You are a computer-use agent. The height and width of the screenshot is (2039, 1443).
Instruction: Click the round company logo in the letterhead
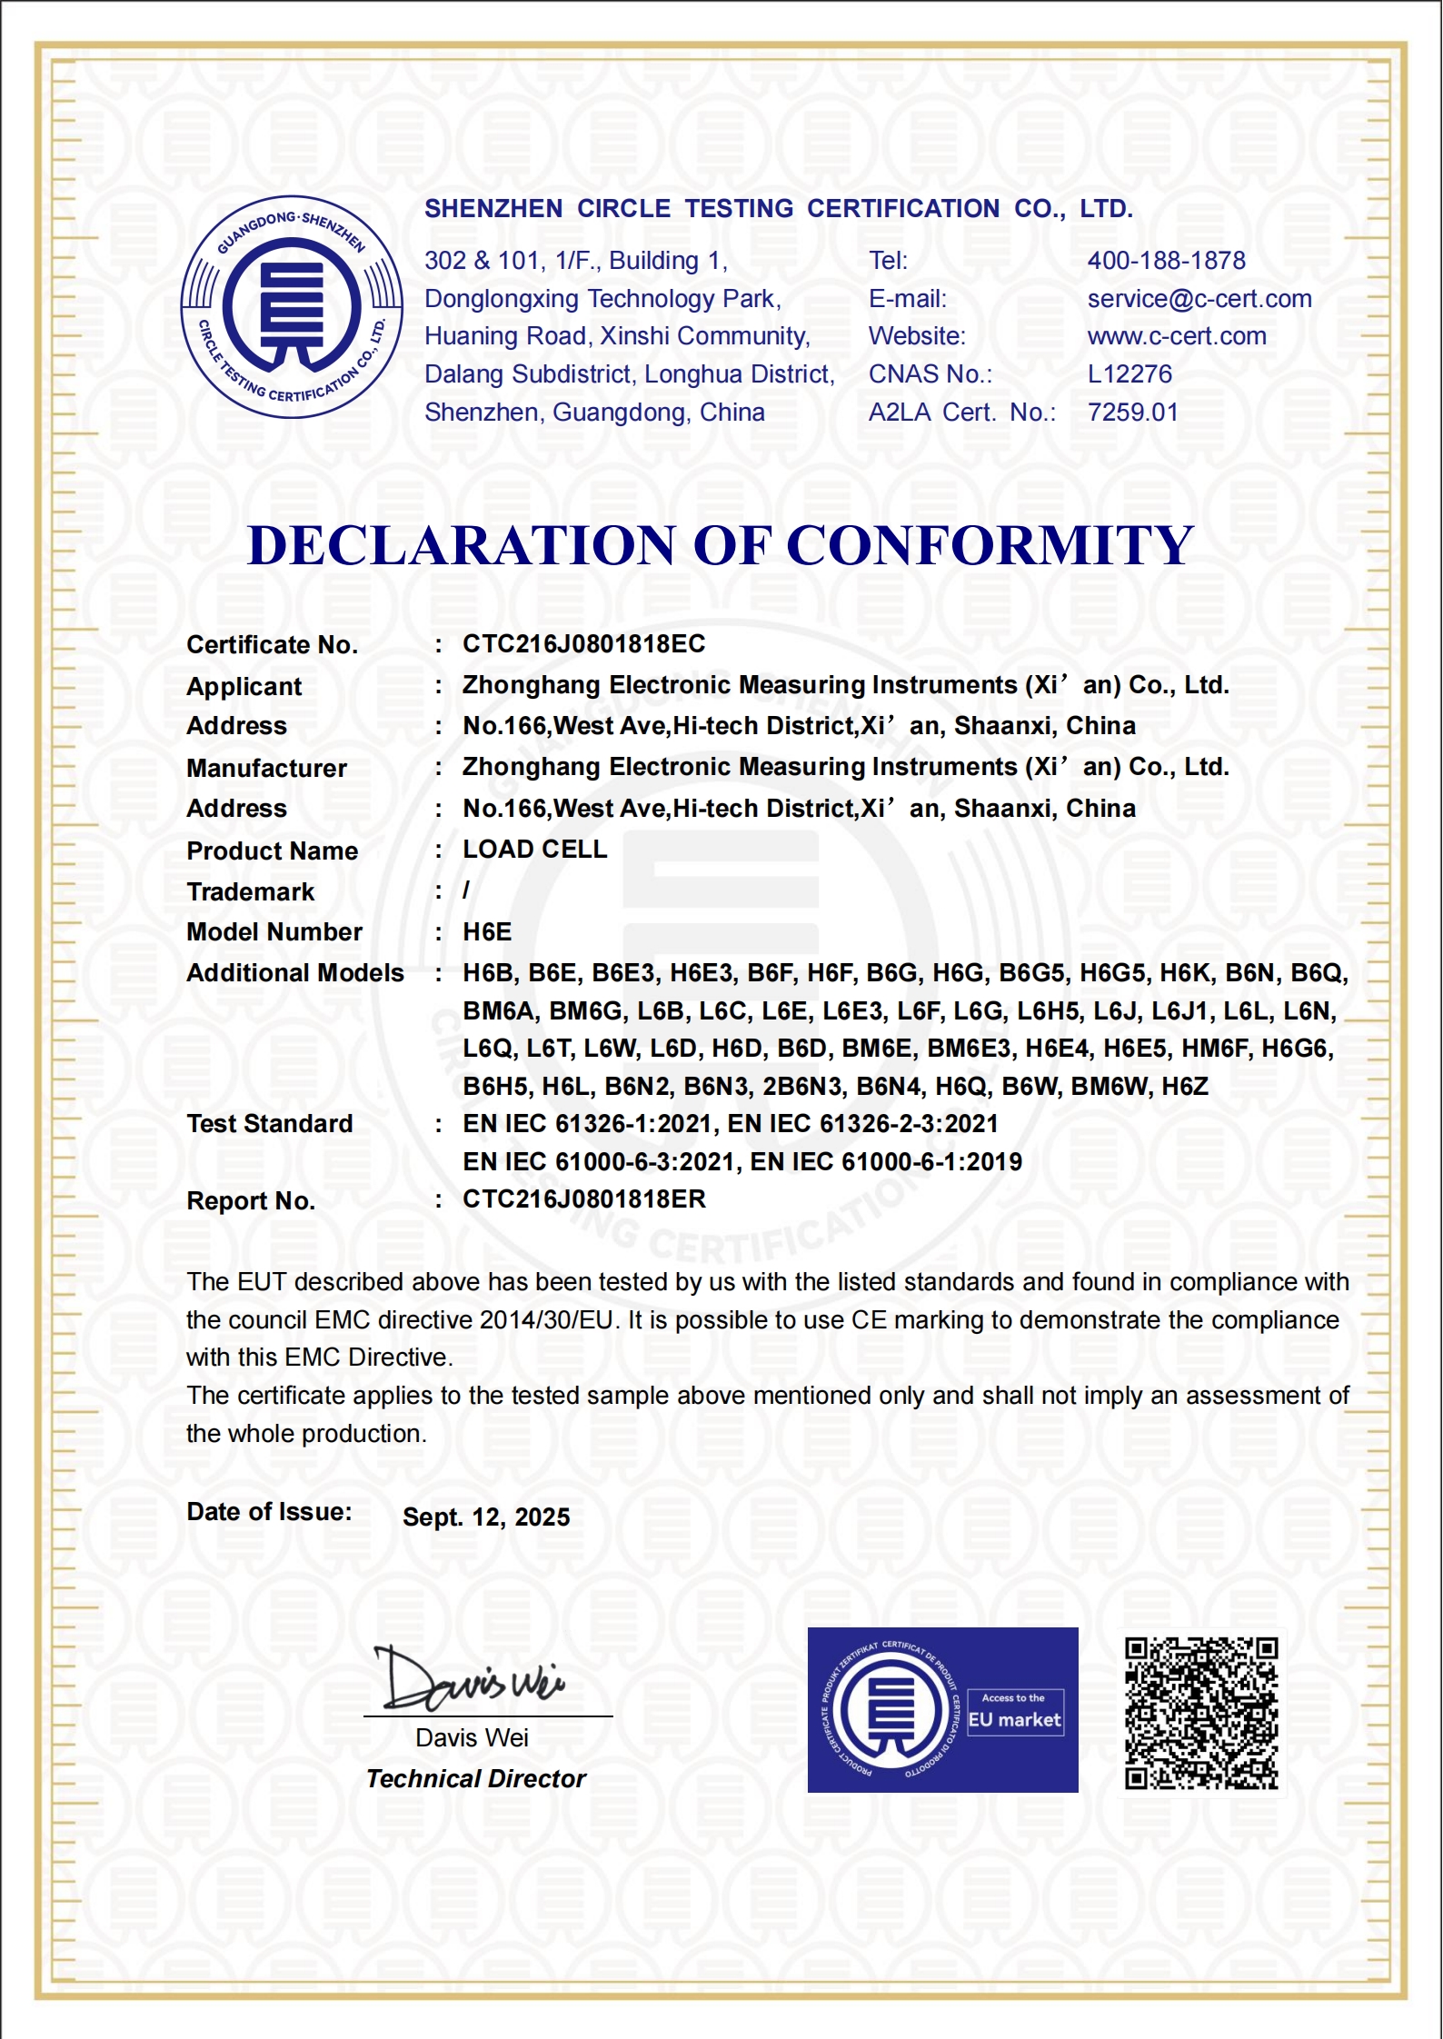[292, 307]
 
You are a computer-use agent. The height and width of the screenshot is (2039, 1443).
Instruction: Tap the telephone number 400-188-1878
[1166, 261]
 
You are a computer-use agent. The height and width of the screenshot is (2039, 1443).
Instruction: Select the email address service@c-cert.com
[1199, 299]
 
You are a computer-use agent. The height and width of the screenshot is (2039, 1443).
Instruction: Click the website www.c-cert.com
[1177, 336]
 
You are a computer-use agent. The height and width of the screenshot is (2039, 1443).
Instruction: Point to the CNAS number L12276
[1130, 374]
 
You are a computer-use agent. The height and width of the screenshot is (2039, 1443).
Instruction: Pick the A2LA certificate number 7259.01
[1132, 413]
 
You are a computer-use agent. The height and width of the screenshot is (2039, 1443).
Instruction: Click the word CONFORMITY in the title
[990, 545]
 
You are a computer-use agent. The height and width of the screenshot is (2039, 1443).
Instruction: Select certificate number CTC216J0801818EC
[583, 644]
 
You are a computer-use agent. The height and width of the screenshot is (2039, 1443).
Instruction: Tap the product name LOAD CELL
[534, 850]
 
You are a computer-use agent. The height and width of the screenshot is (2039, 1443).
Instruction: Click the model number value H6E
[487, 932]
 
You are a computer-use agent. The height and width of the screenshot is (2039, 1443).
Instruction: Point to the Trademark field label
[250, 892]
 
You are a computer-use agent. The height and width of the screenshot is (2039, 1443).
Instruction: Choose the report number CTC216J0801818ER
[583, 1199]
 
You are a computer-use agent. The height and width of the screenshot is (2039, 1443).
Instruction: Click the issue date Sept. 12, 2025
[486, 1517]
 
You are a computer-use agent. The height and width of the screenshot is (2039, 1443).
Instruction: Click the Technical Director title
[476, 1779]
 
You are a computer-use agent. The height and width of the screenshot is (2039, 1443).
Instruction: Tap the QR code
[1201, 1713]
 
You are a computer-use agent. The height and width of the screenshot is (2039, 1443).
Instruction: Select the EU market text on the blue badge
[1014, 1720]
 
